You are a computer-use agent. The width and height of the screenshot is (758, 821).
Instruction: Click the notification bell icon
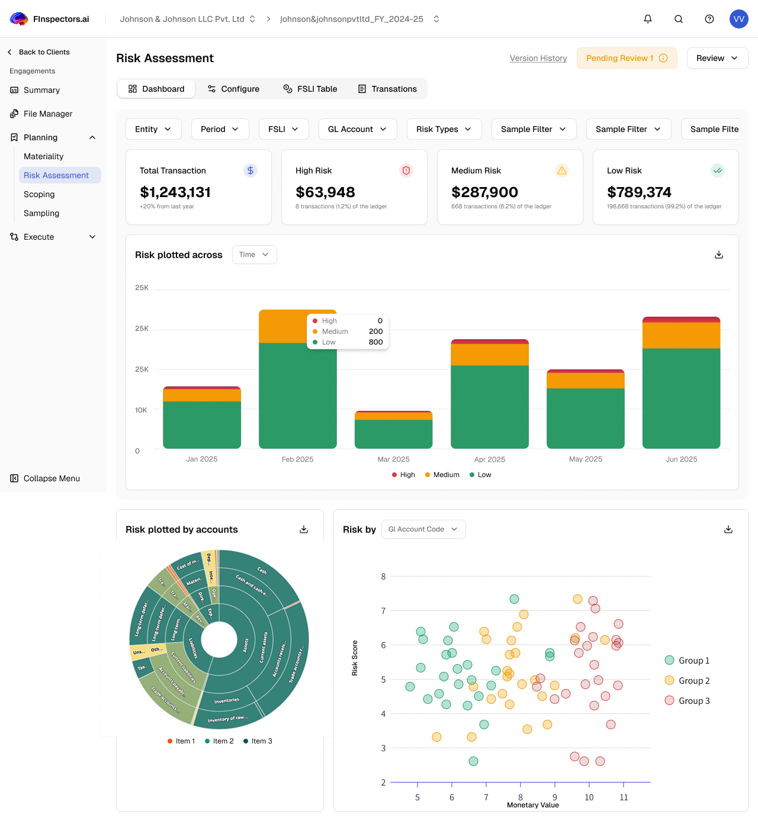pyautogui.click(x=648, y=19)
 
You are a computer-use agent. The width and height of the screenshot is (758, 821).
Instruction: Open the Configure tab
pyautogui.click(x=233, y=89)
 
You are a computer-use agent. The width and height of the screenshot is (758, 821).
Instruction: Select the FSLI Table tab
pyautogui.click(x=310, y=89)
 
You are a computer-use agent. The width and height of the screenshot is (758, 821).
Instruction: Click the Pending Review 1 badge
pyautogui.click(x=627, y=58)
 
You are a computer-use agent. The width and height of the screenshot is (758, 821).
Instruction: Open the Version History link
pyautogui.click(x=538, y=58)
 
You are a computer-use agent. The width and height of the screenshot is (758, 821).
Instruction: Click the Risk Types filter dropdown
pyautogui.click(x=444, y=129)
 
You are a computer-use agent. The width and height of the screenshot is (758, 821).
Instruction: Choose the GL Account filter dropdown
pyautogui.click(x=357, y=129)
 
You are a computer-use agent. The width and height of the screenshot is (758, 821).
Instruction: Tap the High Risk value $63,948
pyautogui.click(x=325, y=192)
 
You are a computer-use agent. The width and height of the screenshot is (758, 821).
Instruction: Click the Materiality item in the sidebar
pyautogui.click(x=44, y=156)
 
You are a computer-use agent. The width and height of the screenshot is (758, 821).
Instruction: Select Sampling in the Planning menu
pyautogui.click(x=41, y=213)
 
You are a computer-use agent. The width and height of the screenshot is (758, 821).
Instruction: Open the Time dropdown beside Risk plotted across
pyautogui.click(x=254, y=255)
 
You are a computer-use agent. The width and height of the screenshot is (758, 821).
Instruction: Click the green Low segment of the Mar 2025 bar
pyautogui.click(x=393, y=434)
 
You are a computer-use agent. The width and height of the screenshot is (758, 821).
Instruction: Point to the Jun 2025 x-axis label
pyautogui.click(x=681, y=459)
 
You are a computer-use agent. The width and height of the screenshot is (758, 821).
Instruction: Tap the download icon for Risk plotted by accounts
pyautogui.click(x=304, y=529)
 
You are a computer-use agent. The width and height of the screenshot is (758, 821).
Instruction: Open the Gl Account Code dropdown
pyautogui.click(x=423, y=529)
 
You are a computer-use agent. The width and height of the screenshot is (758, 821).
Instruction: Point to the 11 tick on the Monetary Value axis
pyautogui.click(x=624, y=797)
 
